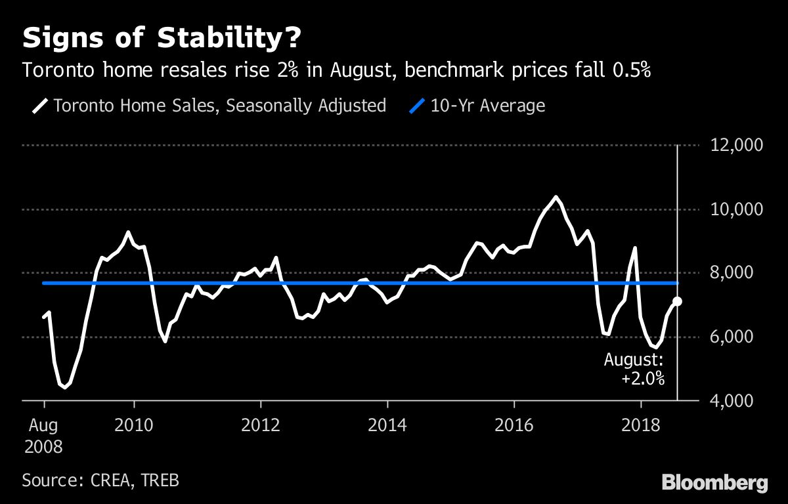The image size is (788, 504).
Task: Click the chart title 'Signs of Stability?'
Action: (x=162, y=38)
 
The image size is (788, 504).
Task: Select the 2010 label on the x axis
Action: (x=134, y=425)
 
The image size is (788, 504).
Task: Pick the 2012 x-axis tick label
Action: (x=261, y=425)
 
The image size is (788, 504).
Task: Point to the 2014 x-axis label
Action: (x=387, y=425)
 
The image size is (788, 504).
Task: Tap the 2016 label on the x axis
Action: (x=514, y=425)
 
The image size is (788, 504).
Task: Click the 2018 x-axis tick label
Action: (x=641, y=425)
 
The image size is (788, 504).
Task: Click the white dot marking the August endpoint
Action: (x=677, y=301)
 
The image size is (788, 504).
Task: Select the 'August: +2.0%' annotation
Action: (x=634, y=369)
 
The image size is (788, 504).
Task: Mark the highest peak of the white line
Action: (x=556, y=197)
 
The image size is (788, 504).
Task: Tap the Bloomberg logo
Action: (x=714, y=483)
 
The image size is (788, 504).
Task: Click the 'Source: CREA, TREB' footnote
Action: (x=100, y=480)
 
